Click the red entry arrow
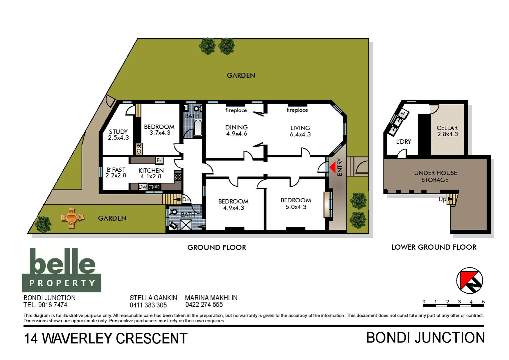pos(332,167)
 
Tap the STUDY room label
pos(118,132)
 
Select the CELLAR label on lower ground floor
pos(447,128)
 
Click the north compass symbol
pos(469,280)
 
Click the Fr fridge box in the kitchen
pos(159,160)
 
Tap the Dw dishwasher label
pos(143,187)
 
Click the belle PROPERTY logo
pos(62,270)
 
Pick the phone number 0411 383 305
pos(148,305)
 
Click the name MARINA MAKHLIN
pos(211,298)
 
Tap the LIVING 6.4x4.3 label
pos(300,131)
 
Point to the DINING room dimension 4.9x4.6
pos(237,134)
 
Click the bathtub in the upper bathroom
pos(198,128)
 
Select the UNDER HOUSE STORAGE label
pos(435,176)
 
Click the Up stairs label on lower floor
pos(442,199)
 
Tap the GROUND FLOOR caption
pos(217,247)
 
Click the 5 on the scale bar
pos(483,302)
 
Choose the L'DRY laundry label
pos(403,141)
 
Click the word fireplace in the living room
pos(297,110)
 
